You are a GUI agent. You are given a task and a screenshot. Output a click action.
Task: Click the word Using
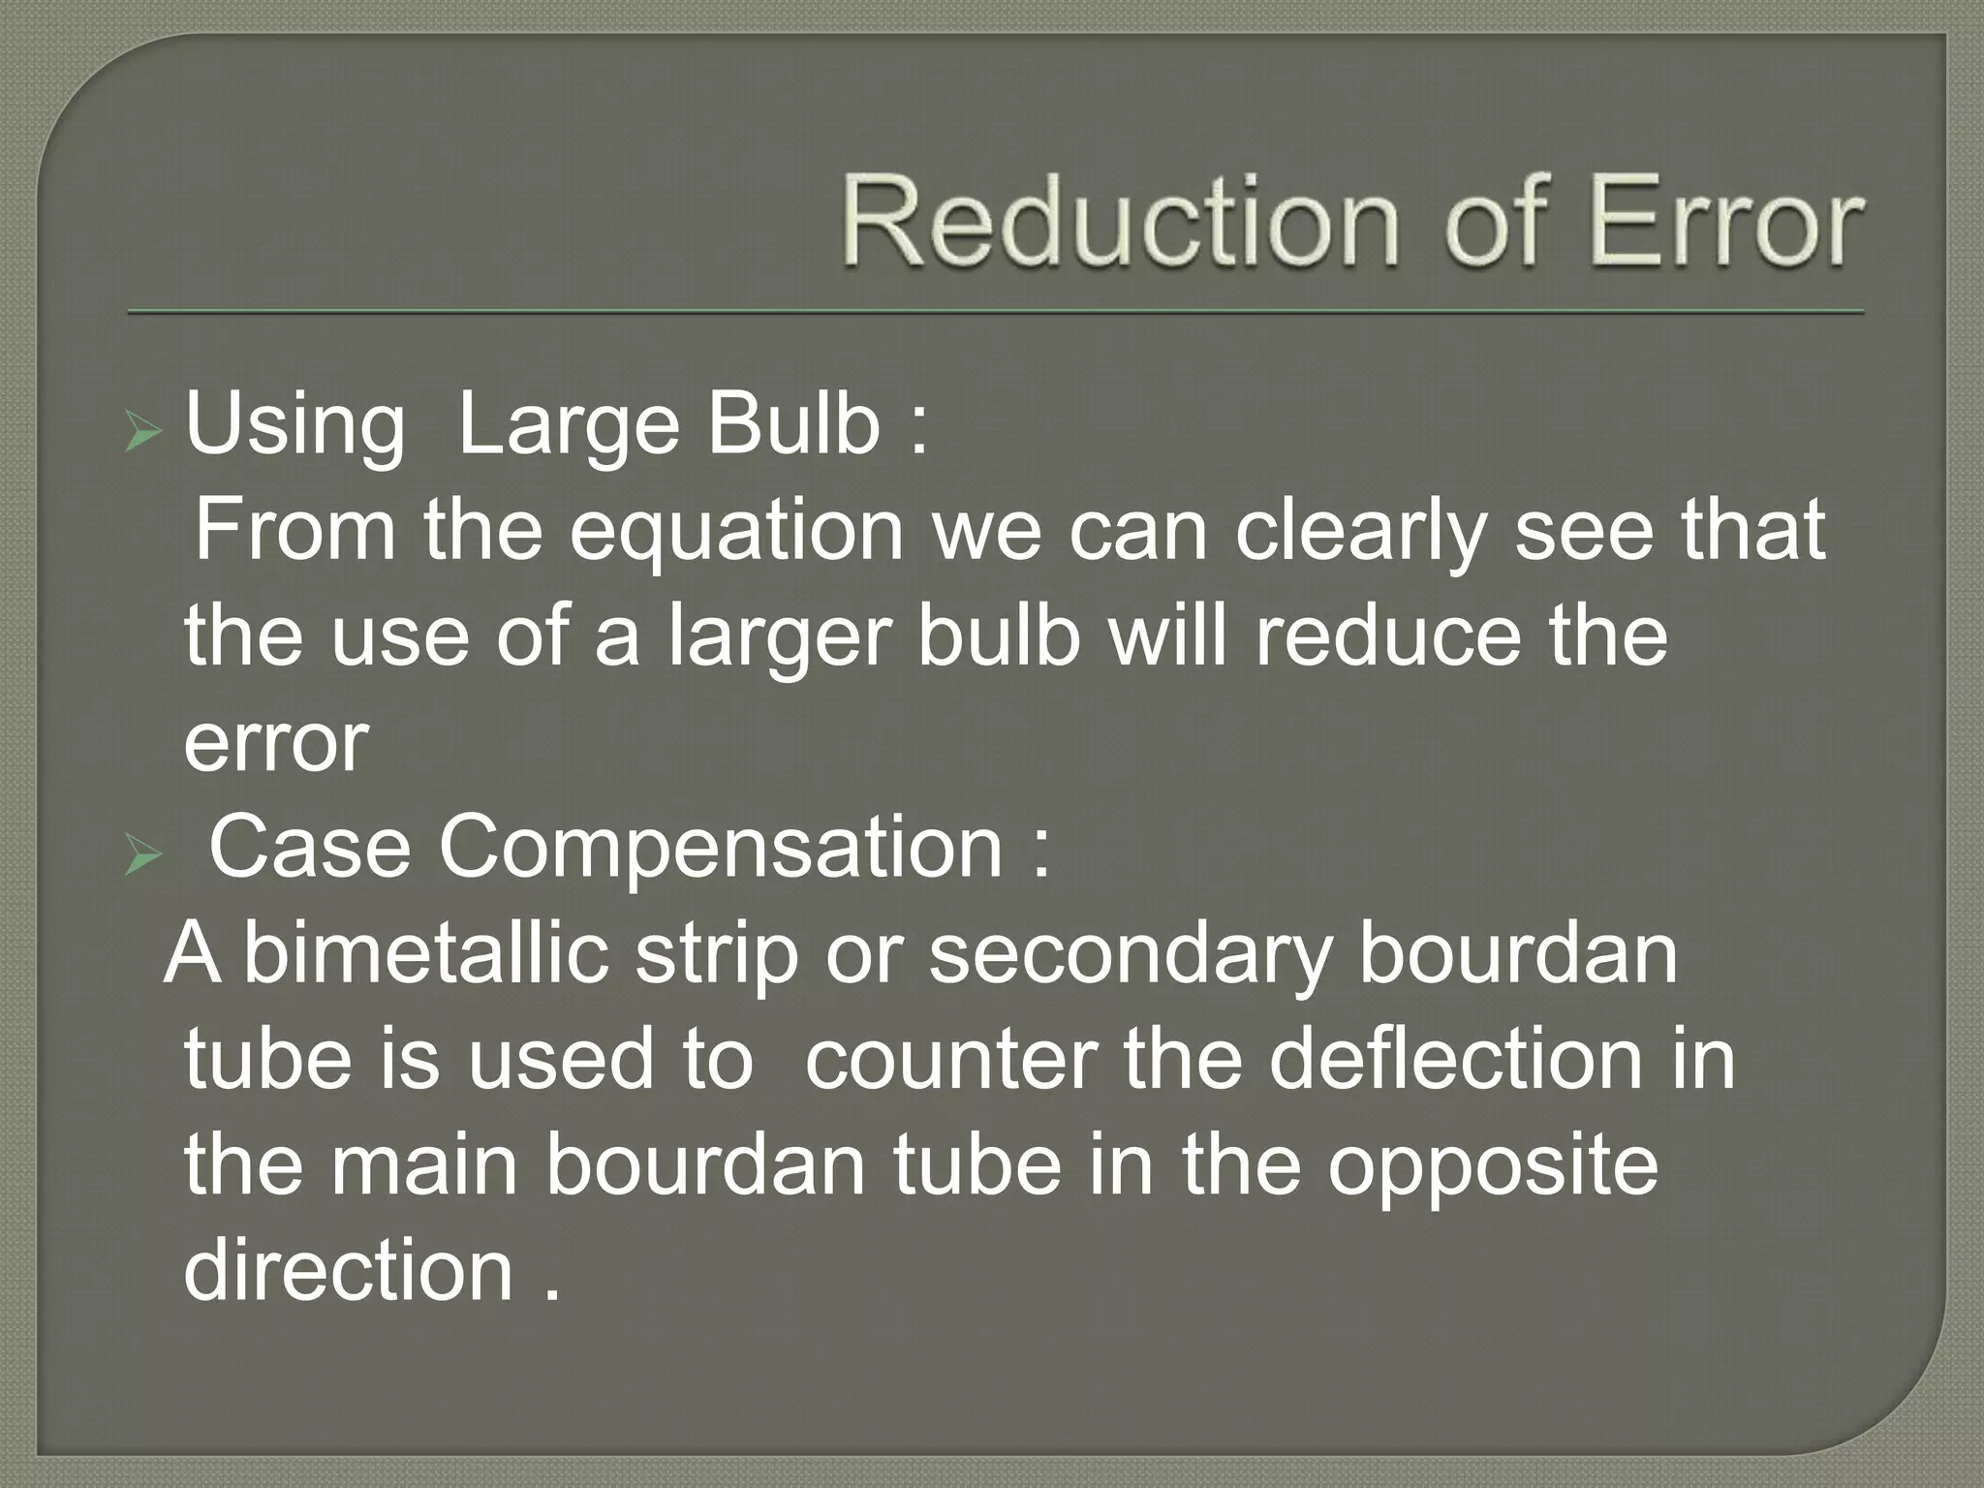coord(294,426)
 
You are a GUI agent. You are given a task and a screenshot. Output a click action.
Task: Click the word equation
coord(736,533)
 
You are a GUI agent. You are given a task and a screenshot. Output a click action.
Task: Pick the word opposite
coord(1493,1168)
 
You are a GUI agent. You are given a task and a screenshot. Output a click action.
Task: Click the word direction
coord(348,1271)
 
